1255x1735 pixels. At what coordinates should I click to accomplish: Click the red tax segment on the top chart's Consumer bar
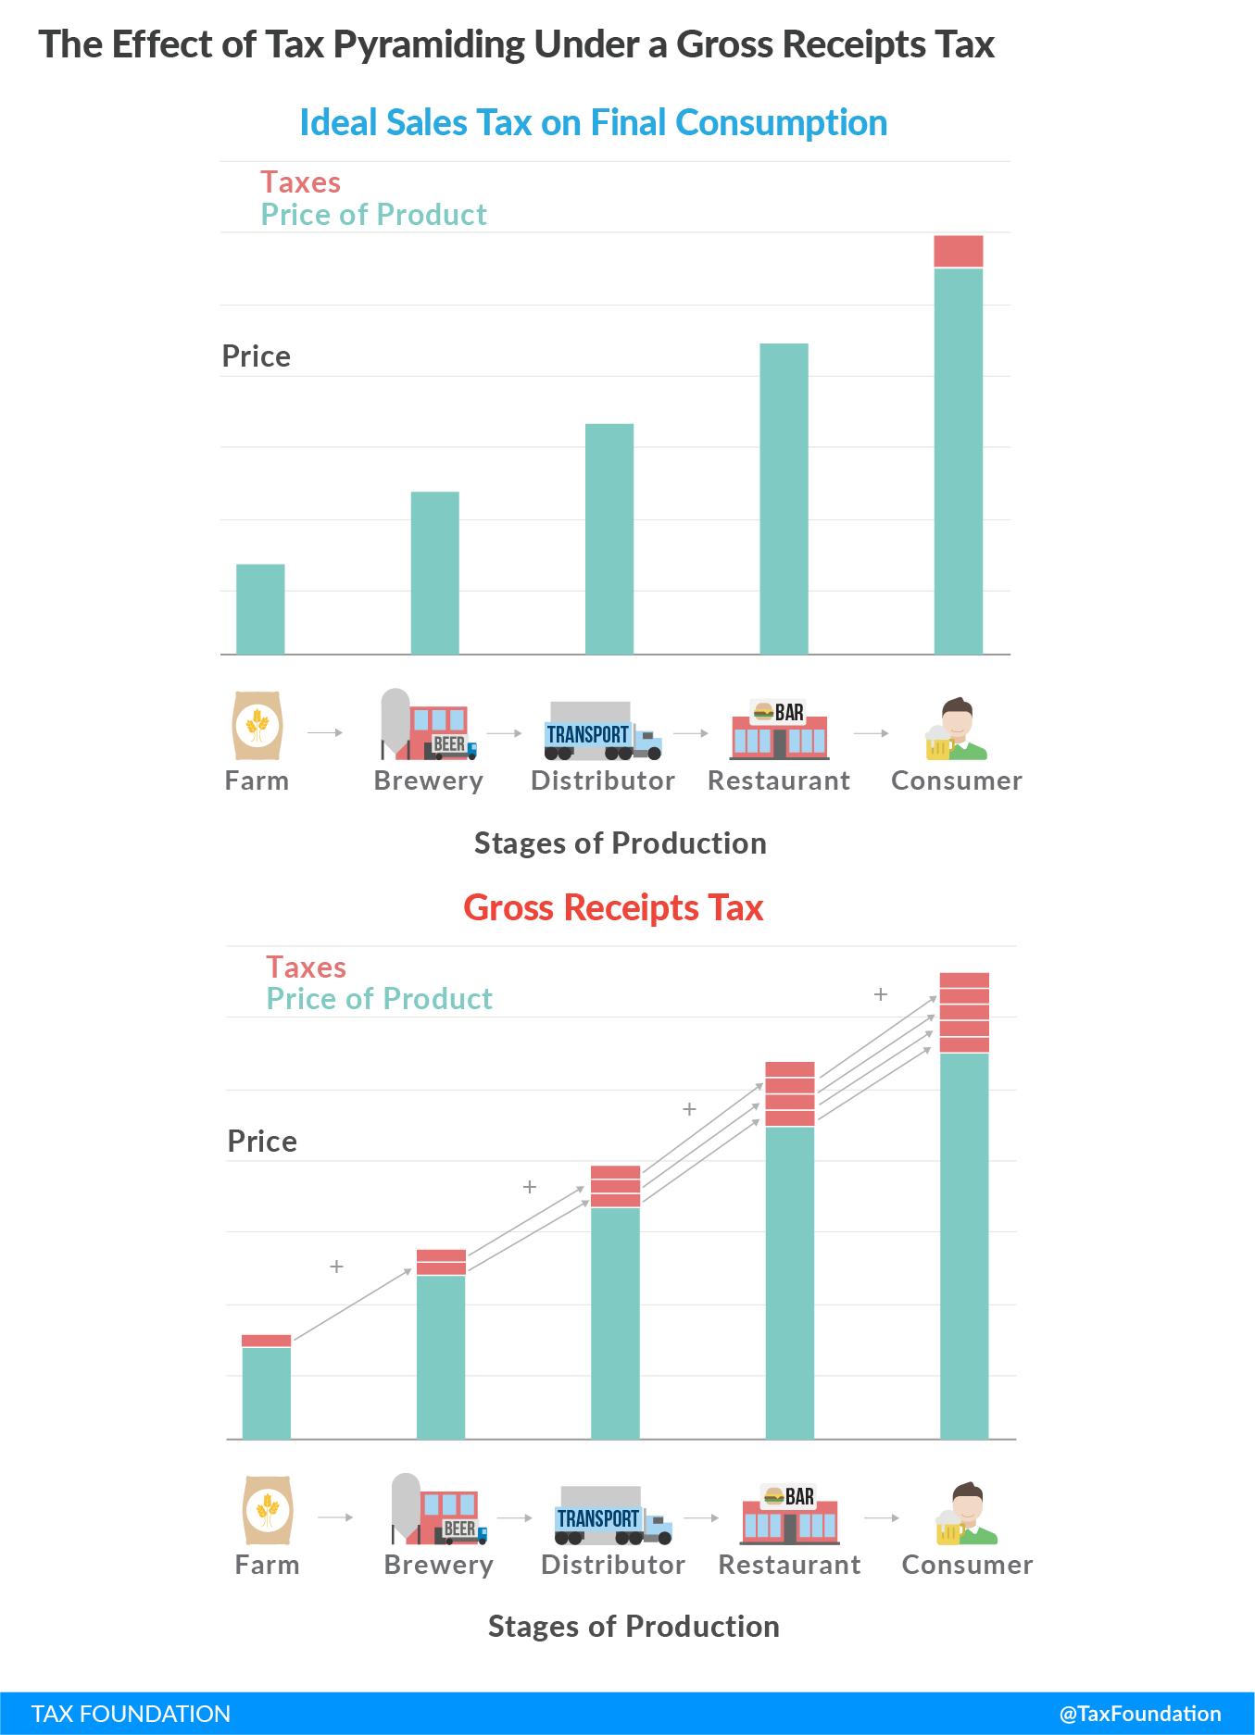coord(958,251)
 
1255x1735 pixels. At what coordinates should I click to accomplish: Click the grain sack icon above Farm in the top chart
coord(257,726)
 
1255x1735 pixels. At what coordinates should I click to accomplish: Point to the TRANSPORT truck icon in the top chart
coord(602,731)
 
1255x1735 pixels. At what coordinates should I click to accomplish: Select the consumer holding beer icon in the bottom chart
coord(966,1515)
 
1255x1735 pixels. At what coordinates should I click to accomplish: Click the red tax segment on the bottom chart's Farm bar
coord(266,1340)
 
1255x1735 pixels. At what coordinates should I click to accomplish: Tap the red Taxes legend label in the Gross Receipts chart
coord(306,967)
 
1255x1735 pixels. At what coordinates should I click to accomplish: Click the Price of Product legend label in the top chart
coord(373,215)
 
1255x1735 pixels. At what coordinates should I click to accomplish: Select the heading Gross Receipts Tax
coord(613,908)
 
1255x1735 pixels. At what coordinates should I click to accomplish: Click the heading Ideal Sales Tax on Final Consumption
coord(593,123)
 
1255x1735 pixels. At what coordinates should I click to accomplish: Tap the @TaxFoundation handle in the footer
coord(1139,1714)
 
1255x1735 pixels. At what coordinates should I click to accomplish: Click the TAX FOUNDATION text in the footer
coord(131,1714)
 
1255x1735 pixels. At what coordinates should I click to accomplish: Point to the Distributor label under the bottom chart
coord(613,1565)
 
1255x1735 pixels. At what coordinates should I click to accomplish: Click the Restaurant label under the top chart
coord(778,780)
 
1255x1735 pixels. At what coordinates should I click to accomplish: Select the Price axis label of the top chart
coord(256,356)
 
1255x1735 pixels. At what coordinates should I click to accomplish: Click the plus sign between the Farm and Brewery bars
coord(336,1266)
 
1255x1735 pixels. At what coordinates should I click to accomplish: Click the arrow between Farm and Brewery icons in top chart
coord(324,732)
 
